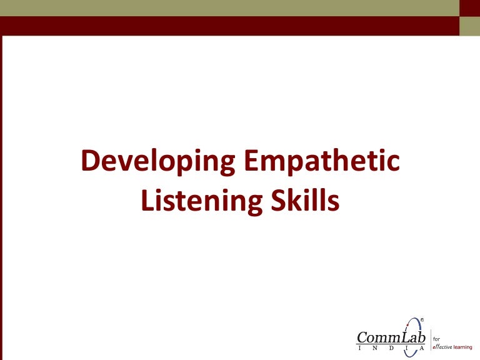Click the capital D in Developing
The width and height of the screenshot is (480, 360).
[x=91, y=162]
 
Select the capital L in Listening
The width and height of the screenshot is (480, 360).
[x=147, y=201]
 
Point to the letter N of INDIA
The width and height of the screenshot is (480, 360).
[x=375, y=347]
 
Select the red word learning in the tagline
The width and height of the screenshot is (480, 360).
[x=463, y=347]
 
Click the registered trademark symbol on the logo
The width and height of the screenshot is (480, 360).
[x=422, y=320]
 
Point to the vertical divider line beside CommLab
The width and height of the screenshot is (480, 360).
[x=430, y=340]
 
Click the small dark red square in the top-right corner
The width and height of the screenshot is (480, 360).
[x=470, y=7]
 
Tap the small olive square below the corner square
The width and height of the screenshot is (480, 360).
[x=470, y=26]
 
